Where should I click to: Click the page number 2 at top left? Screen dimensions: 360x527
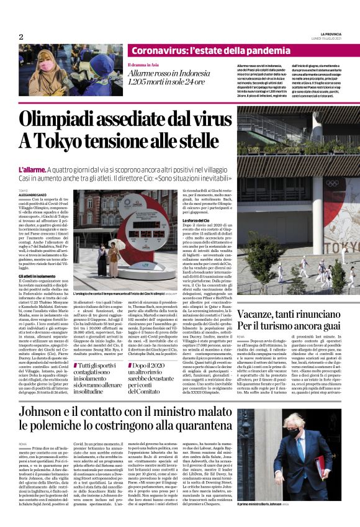click(20, 37)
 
